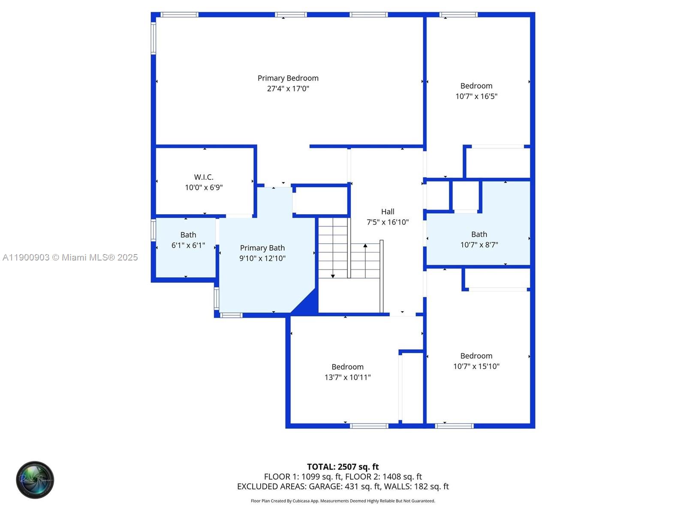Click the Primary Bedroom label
click(288, 78)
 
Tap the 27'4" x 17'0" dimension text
click(288, 89)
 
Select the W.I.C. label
click(204, 177)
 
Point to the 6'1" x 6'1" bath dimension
click(188, 245)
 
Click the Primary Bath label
click(262, 248)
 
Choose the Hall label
click(388, 212)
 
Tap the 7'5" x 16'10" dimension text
click(388, 222)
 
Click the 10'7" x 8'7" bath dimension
click(479, 245)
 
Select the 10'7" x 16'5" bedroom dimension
click(476, 97)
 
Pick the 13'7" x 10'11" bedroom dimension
click(347, 377)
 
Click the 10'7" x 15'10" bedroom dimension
click(476, 367)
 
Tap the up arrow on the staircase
click(365, 246)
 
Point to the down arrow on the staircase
click(333, 276)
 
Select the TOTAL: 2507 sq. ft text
click(343, 467)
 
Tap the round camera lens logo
click(35, 480)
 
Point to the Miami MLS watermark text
click(70, 257)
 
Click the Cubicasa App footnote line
click(343, 501)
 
